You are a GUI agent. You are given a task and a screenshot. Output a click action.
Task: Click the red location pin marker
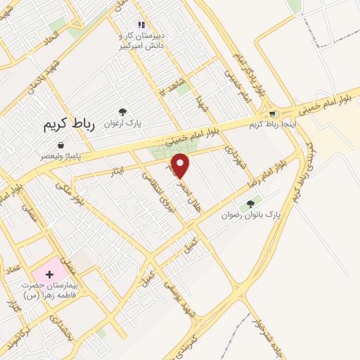pyautogui.click(x=181, y=166)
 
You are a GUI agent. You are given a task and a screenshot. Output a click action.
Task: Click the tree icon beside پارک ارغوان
pyautogui.click(x=122, y=111)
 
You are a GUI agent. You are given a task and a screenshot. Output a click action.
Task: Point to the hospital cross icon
pyautogui.click(x=50, y=273)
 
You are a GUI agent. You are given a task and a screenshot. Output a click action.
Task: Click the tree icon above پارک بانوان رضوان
pyautogui.click(x=250, y=204)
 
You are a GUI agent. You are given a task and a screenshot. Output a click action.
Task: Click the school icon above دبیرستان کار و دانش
pyautogui.click(x=141, y=25)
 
